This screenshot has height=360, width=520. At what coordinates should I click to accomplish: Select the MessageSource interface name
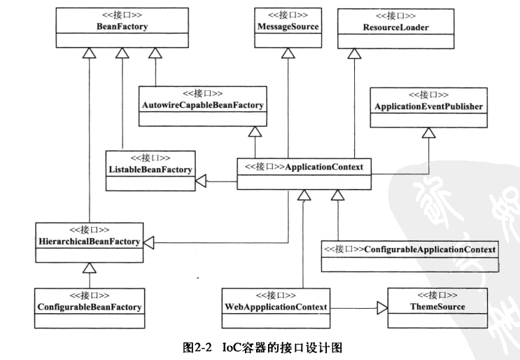[x=288, y=26]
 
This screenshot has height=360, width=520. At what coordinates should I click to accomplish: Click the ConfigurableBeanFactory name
[x=89, y=307]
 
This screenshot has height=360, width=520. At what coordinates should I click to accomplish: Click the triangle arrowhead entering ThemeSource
[x=381, y=307]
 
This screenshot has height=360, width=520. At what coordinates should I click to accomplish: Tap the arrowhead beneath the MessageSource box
[x=288, y=53]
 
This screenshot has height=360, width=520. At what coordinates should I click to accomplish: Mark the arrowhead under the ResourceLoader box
[x=355, y=53]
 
